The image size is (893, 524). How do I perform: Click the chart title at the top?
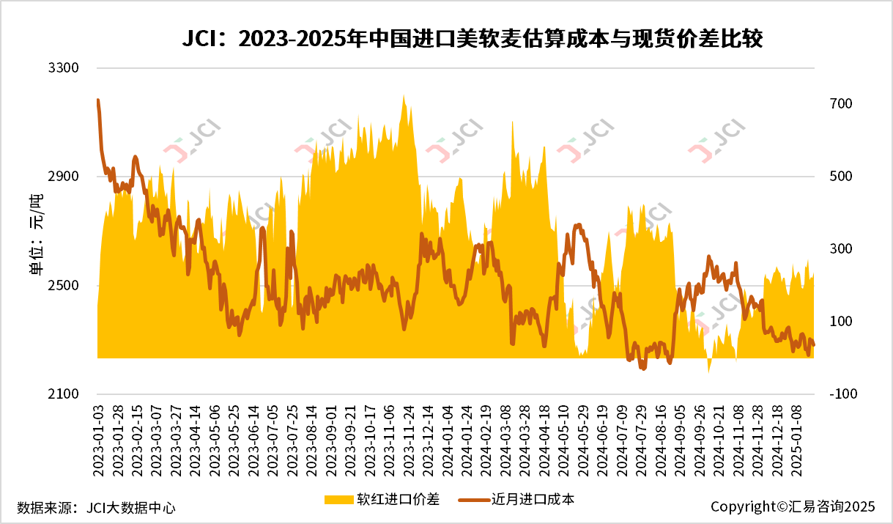(473, 39)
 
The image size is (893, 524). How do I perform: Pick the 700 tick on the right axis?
(841, 104)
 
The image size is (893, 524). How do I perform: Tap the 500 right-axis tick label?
(841, 177)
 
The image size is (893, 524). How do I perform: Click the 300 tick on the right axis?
(841, 249)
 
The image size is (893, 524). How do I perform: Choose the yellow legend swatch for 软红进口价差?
(338, 500)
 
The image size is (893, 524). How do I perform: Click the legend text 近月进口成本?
(533, 500)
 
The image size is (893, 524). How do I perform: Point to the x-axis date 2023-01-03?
(98, 440)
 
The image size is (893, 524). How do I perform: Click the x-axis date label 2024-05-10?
(563, 440)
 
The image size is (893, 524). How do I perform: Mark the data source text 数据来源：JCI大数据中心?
(96, 507)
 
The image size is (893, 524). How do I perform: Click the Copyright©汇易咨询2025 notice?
(793, 506)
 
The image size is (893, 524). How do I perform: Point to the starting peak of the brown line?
(98, 100)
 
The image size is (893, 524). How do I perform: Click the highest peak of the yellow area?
(404, 95)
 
